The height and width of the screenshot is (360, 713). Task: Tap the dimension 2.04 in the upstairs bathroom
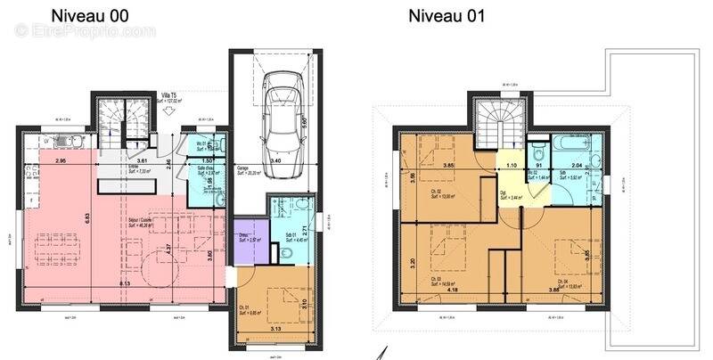point(577,166)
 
